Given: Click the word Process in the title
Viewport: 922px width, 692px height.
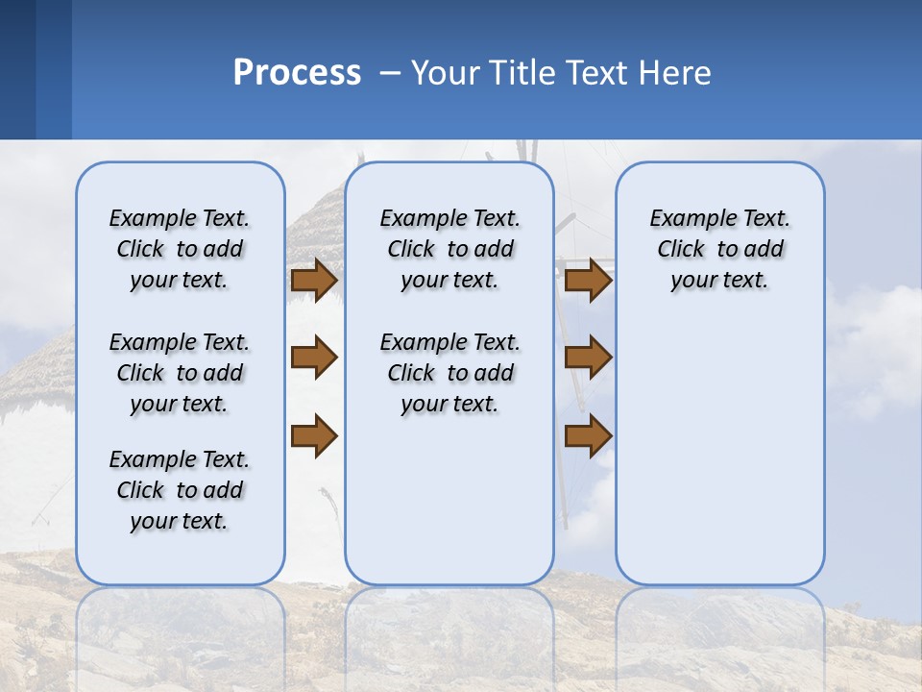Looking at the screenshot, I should [x=297, y=72].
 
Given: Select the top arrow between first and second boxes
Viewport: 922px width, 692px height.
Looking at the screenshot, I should [x=313, y=280].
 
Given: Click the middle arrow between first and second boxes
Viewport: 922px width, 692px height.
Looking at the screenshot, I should [x=313, y=358].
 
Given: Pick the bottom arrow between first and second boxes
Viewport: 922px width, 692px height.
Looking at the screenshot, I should [x=313, y=435].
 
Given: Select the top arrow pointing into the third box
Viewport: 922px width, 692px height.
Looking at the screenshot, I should [x=588, y=280].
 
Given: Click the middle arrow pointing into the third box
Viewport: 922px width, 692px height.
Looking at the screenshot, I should [x=588, y=358].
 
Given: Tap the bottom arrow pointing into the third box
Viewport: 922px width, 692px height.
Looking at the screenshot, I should [x=588, y=435].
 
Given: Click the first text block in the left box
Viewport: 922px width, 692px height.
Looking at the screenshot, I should [x=180, y=249].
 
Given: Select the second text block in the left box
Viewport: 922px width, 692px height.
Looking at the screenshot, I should [x=180, y=373].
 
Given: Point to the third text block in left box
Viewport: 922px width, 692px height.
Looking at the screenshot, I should [x=180, y=490].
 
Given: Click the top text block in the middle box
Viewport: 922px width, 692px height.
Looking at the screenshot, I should [x=449, y=249].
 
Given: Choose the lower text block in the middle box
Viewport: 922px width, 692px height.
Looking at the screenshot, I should [x=449, y=373].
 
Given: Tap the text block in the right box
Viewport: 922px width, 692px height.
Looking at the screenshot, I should [x=719, y=249].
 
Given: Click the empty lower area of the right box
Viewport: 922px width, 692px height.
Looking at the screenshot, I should [x=719, y=452].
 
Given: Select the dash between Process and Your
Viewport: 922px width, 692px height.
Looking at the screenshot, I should [x=389, y=73].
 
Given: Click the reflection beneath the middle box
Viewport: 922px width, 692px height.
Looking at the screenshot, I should [x=449, y=625].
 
